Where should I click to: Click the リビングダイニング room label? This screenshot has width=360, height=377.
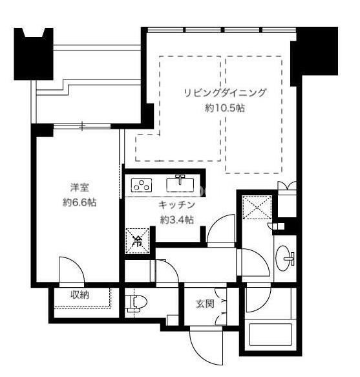(225, 92)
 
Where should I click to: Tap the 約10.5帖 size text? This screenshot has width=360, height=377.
(225, 108)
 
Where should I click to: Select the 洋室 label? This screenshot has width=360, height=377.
(79, 188)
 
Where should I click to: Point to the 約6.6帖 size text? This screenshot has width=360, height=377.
(79, 202)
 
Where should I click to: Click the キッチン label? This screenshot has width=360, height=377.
(176, 205)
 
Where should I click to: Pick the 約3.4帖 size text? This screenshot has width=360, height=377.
(176, 220)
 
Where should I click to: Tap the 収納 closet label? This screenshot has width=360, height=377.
(79, 295)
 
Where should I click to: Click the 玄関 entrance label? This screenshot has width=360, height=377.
(205, 304)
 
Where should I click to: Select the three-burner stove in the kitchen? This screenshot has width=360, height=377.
(142, 185)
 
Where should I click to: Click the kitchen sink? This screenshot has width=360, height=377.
(180, 184)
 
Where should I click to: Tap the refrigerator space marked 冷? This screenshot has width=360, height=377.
(138, 241)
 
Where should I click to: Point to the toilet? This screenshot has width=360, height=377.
(136, 303)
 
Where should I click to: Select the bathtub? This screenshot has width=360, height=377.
(271, 334)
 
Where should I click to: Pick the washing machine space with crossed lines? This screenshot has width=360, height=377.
(257, 208)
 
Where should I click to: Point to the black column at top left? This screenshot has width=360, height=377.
(34, 54)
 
